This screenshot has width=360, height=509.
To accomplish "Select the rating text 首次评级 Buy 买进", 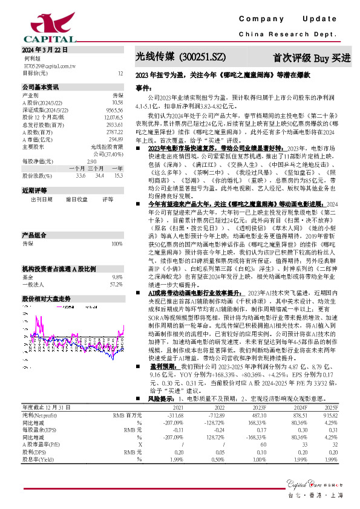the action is point(312,58).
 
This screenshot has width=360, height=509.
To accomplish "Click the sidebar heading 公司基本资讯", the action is point(40,87).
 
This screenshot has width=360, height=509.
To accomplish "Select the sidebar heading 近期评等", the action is point(31,190).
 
